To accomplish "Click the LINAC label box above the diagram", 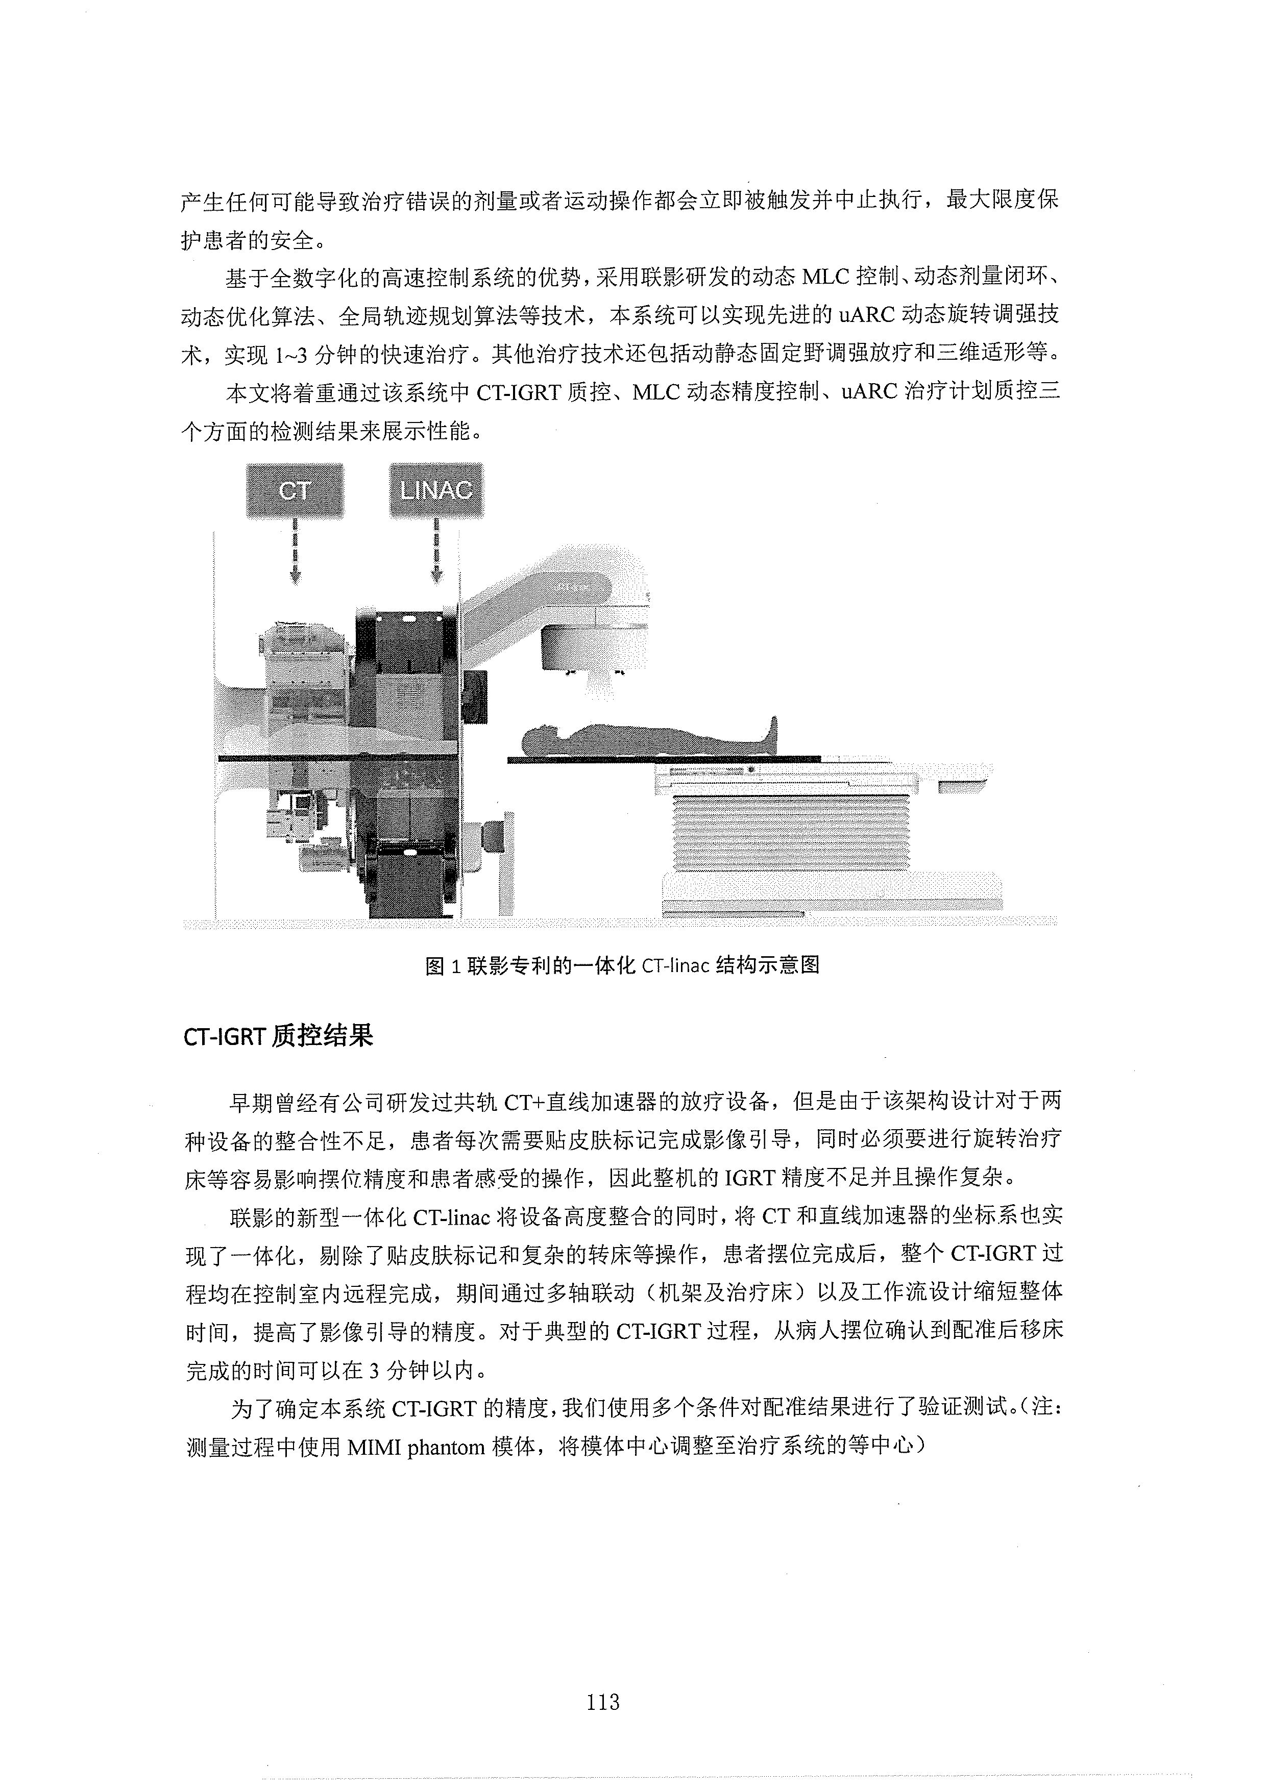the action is tap(436, 491).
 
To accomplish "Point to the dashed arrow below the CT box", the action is tap(295, 552).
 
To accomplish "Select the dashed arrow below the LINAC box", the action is tap(436, 552).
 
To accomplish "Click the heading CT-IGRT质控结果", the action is tap(279, 1035).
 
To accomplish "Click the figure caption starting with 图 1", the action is tap(622, 965).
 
